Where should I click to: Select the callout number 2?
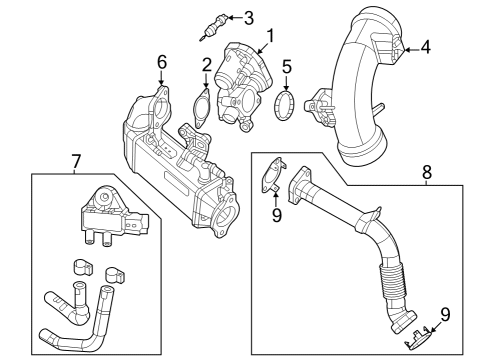[206, 66]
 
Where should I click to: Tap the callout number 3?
[248, 17]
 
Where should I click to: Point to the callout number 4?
[425, 46]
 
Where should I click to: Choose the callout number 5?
[286, 69]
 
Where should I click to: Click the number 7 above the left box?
[75, 159]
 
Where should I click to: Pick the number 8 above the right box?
[426, 172]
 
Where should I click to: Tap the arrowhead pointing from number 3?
[227, 18]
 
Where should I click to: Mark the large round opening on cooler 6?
[223, 215]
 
